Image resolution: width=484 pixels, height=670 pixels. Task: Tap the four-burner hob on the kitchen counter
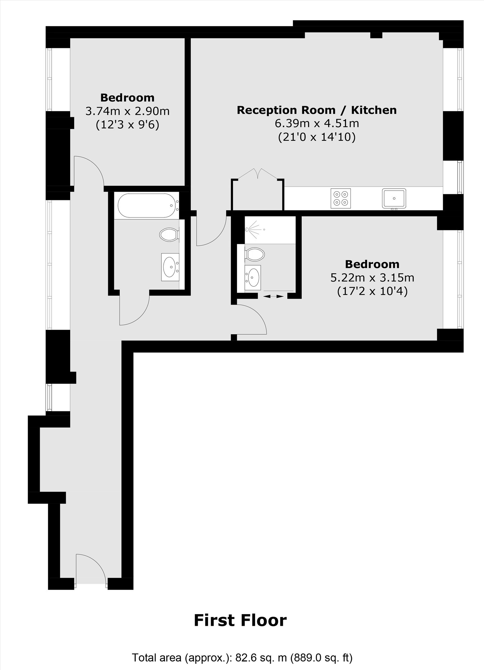point(341,198)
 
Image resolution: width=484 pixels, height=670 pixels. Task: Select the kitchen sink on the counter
point(394,198)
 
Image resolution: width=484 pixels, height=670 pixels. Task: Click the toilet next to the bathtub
point(169,234)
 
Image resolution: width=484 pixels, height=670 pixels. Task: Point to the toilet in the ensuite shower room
point(255,254)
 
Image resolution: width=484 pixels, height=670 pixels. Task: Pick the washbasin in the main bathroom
point(170,267)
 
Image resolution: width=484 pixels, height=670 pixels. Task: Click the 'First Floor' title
point(240,620)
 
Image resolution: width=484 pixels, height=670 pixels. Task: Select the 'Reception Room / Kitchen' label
point(317,110)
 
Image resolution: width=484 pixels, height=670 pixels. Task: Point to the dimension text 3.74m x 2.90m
point(127,111)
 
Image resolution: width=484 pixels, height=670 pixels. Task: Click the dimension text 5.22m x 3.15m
point(372,278)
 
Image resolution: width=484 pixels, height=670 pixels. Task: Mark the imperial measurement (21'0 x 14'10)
point(317,137)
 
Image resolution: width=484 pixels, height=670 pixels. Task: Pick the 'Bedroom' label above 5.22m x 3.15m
point(372,264)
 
